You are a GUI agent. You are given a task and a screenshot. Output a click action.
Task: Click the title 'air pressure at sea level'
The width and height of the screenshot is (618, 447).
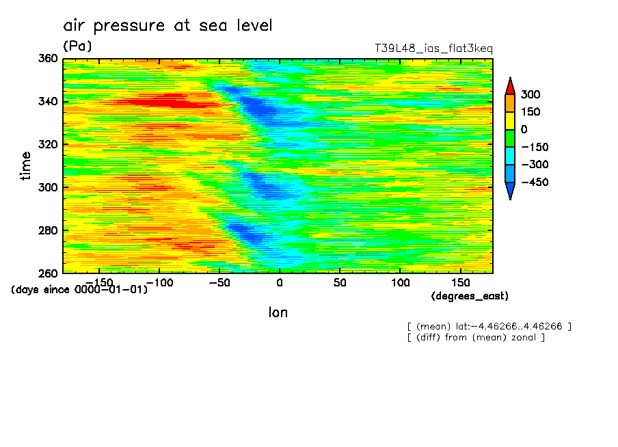(167, 26)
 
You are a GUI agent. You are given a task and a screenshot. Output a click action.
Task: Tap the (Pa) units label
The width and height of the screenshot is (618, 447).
(77, 46)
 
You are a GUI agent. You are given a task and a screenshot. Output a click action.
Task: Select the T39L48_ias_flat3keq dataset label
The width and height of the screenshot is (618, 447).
(433, 49)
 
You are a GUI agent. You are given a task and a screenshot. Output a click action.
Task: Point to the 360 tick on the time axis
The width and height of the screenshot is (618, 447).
(48, 59)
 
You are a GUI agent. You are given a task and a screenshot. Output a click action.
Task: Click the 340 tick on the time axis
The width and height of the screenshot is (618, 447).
(48, 102)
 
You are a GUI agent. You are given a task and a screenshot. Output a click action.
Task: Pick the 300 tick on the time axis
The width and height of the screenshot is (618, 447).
(48, 187)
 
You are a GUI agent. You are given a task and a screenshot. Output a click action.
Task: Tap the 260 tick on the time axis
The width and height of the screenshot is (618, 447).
(48, 273)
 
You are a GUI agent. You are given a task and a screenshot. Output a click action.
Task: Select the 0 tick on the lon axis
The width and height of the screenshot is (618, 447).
(279, 282)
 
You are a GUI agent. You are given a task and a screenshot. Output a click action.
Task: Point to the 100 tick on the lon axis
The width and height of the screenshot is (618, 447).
(400, 282)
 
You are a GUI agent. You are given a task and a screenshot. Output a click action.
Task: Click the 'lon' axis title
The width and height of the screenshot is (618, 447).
(278, 312)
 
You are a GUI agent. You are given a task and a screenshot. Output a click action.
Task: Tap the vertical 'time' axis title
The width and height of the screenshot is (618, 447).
(26, 165)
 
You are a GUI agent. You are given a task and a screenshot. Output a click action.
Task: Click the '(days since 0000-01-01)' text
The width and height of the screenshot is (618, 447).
(79, 290)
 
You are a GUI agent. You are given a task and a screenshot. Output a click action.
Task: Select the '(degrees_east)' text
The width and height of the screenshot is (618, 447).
(470, 296)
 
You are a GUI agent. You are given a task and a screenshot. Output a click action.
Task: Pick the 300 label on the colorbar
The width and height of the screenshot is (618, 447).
(530, 94)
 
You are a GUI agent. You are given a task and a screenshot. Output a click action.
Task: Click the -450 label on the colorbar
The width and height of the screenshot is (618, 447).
(534, 182)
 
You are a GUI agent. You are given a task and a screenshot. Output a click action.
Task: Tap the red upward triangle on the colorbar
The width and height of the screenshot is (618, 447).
(510, 85)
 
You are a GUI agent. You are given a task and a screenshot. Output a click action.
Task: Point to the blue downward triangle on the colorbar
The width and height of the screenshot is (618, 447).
(510, 191)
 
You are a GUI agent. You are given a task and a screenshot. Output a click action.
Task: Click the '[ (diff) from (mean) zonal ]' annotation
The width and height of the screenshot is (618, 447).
(476, 337)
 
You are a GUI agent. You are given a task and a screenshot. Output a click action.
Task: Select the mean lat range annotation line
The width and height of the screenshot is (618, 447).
(489, 326)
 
